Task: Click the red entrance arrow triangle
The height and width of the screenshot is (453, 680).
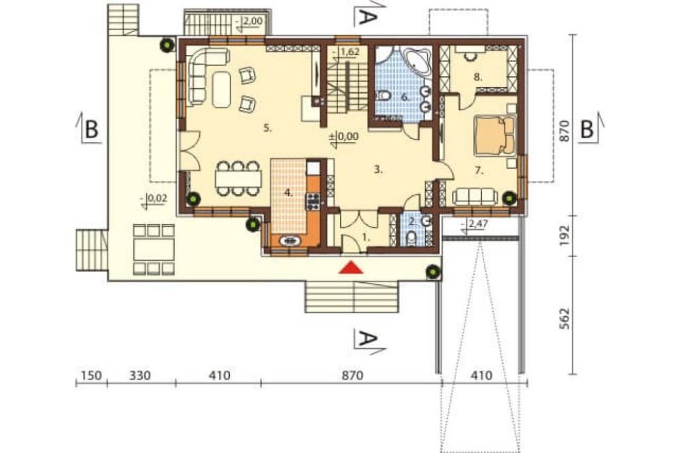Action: pyautogui.click(x=351, y=268)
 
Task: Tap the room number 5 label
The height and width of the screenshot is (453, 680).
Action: pyautogui.click(x=267, y=129)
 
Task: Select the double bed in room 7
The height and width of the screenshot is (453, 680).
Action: pyautogui.click(x=494, y=135)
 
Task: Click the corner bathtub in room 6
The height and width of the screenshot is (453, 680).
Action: pyautogui.click(x=417, y=62)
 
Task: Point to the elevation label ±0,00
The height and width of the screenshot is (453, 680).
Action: pyautogui.click(x=344, y=137)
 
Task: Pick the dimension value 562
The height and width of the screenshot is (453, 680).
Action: pyautogui.click(x=564, y=318)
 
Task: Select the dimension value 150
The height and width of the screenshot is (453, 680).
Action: pyautogui.click(x=91, y=375)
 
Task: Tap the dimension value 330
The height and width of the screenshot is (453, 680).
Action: pyautogui.click(x=140, y=375)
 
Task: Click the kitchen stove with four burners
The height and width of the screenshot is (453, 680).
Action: pyautogui.click(x=313, y=202)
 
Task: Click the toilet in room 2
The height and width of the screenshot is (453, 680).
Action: pyautogui.click(x=411, y=238)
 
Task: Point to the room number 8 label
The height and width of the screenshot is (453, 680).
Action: pyautogui.click(x=478, y=78)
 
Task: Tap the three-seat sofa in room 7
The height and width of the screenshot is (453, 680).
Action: pyautogui.click(x=474, y=197)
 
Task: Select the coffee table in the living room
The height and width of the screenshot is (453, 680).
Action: pyautogui.click(x=222, y=89)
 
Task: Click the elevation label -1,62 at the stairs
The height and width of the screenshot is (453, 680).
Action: pyautogui.click(x=347, y=52)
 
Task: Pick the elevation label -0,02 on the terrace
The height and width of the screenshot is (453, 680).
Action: pyautogui.click(x=154, y=199)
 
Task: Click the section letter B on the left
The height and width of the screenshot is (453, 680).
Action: pyautogui.click(x=91, y=129)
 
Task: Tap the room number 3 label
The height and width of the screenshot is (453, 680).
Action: pyautogui.click(x=379, y=170)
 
